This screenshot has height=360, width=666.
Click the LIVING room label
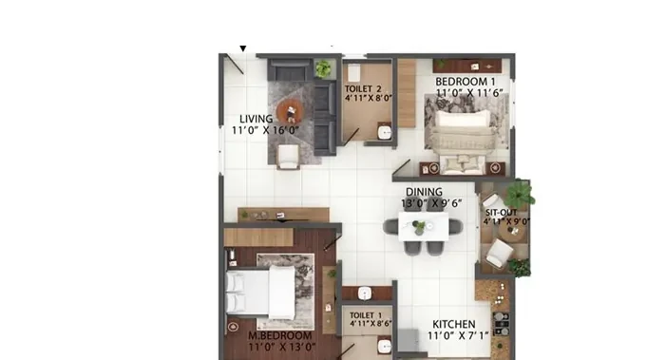coord(257,119)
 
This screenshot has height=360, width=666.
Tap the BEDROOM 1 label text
coord(466,81)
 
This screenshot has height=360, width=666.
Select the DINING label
coord(424,192)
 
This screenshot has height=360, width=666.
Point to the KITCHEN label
coord(453,324)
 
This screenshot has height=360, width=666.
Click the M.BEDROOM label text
coord(280,335)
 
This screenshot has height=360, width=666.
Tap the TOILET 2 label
coord(363,88)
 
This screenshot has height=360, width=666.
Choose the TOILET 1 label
coord(366,315)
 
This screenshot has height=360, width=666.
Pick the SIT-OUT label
coord(502,212)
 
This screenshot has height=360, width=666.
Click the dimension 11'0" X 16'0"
coord(265,130)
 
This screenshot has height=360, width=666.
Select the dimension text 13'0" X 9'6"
coord(431,203)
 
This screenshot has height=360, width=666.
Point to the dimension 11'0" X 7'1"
coord(458,336)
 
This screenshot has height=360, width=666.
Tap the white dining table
coord(423,226)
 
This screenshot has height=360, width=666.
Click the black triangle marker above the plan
coord(243,48)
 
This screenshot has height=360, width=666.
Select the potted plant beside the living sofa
coord(323,68)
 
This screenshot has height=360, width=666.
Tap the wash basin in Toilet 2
coord(385,132)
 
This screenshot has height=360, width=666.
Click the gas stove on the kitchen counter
coord(502,324)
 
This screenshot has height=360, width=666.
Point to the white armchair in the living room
coord(289,156)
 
